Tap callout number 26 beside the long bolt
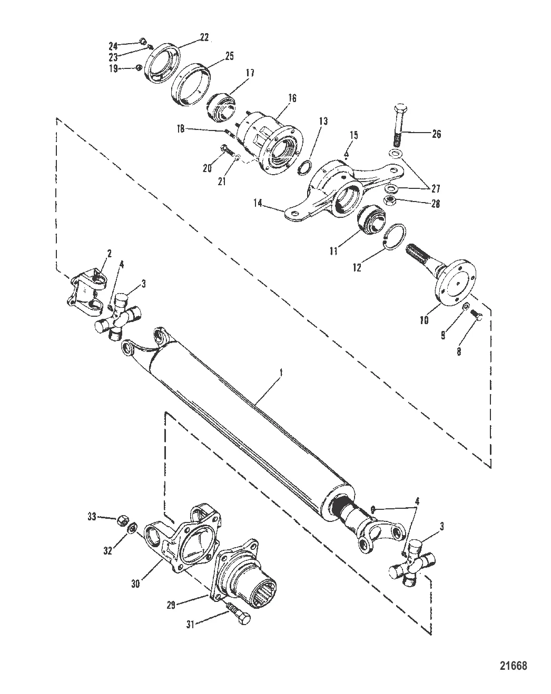(436, 134)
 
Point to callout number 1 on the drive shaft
(282, 371)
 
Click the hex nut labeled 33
(120, 518)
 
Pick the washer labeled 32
(133, 526)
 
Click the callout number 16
(292, 98)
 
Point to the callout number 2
(110, 253)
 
